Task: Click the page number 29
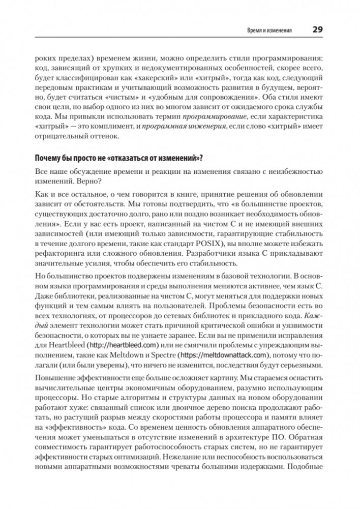pos(317,30)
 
